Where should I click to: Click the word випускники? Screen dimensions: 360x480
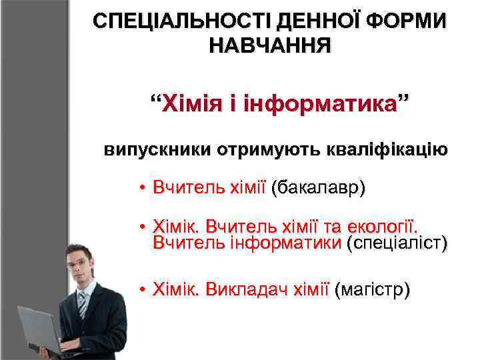tap(156, 149)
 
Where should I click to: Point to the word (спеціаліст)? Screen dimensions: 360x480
tap(397, 244)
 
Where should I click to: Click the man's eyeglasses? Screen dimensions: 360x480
tap(78, 262)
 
